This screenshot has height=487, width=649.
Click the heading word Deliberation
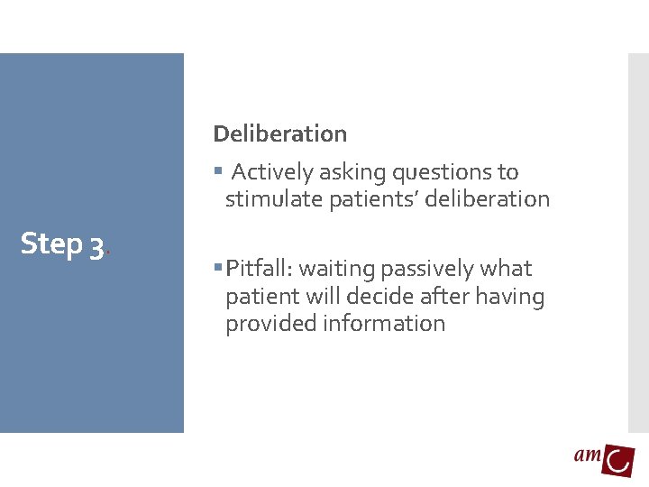(279, 133)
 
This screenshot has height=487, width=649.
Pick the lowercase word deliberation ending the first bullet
(488, 199)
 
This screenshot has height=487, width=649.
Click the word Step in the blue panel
(51, 243)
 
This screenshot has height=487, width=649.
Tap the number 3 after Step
(96, 245)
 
